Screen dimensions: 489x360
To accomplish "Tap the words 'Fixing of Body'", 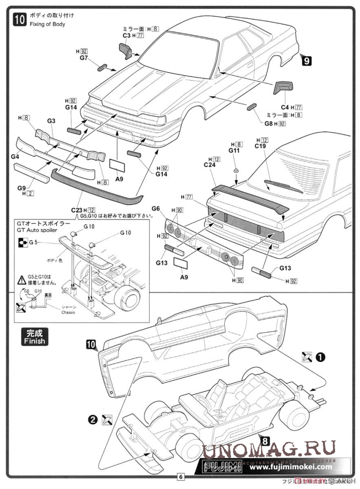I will coord(46,24).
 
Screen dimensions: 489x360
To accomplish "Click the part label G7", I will coord(84,58).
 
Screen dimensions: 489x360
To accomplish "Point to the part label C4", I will coord(284,107).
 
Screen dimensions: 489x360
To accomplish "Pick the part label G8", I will coord(268,123).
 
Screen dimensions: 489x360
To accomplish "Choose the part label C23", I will coord(77,210).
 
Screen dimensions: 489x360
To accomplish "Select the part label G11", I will coord(234,151).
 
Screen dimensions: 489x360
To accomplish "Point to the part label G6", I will coord(156,209).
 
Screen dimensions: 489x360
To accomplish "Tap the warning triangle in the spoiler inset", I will coord(22,279).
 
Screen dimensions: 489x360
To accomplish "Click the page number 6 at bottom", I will coord(180,477).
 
